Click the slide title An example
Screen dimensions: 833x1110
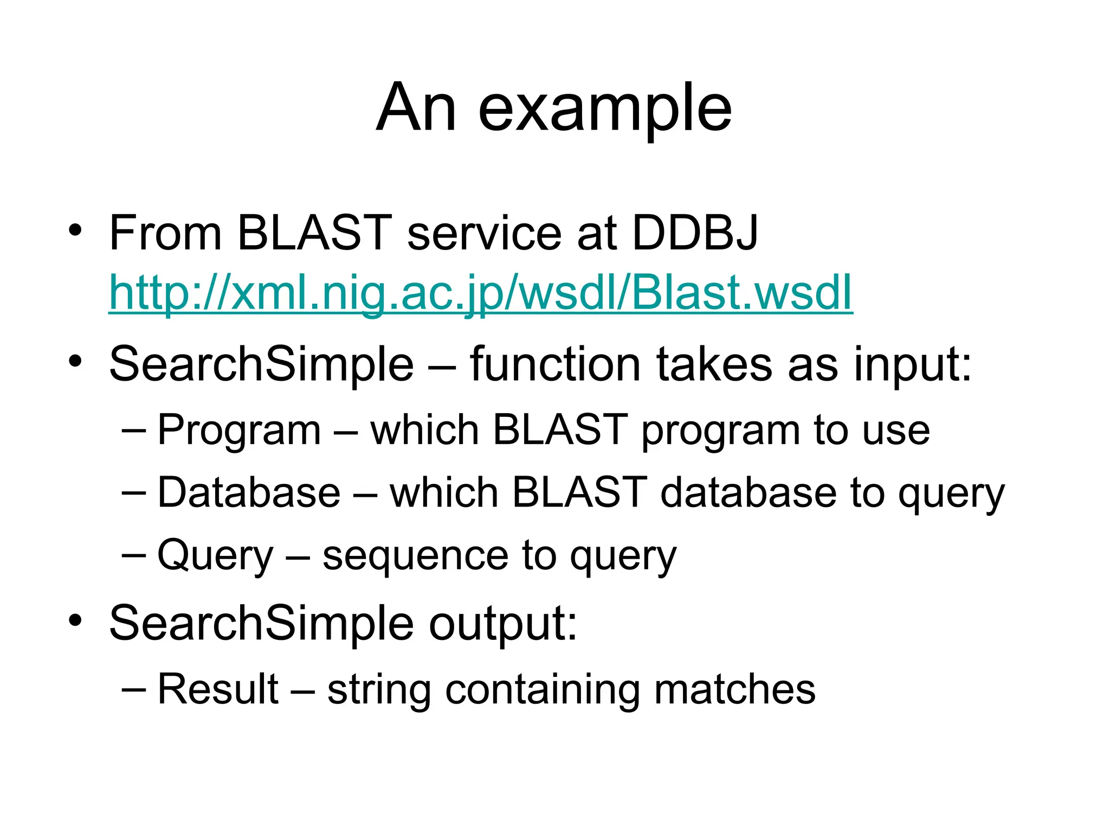point(554,108)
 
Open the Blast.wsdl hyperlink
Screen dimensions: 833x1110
point(480,293)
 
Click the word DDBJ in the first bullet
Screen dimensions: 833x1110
point(695,233)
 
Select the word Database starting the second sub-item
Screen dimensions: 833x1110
point(249,492)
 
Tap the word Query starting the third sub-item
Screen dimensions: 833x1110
point(215,556)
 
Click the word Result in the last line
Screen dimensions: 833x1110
point(218,689)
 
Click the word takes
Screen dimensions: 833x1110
point(714,364)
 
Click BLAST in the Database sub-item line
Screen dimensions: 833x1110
point(579,492)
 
